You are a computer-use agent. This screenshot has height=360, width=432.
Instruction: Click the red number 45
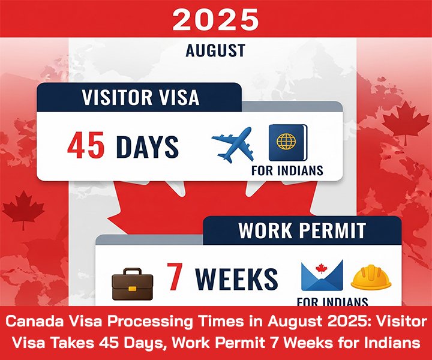click(86, 146)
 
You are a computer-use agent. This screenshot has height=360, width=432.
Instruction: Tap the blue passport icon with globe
click(288, 142)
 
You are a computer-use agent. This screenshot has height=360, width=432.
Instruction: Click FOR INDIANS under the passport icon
click(287, 170)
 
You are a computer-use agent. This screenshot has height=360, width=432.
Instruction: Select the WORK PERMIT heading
click(302, 230)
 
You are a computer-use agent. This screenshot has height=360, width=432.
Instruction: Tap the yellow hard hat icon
click(371, 277)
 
